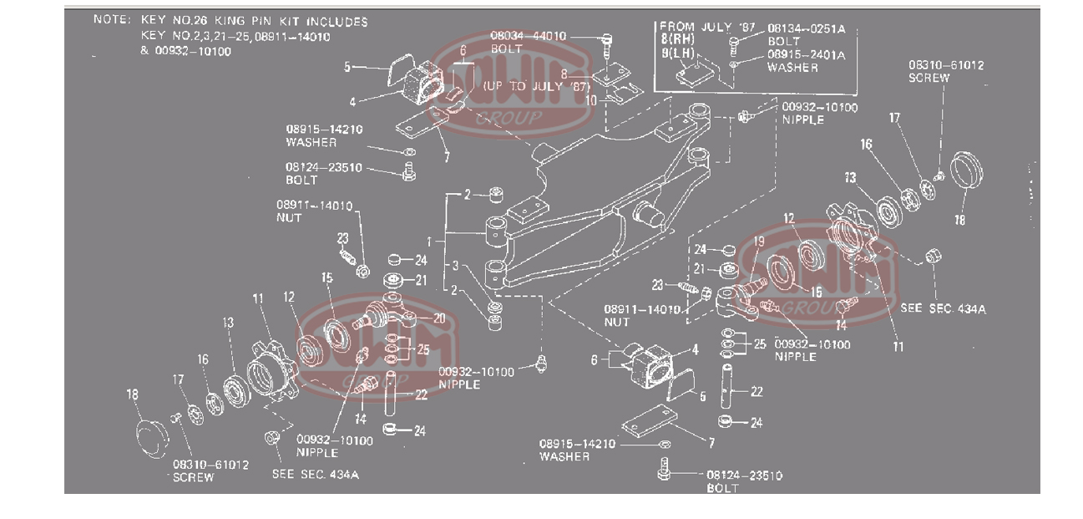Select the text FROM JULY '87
coord(696,26)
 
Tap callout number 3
coord(456,266)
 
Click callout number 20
coord(439,318)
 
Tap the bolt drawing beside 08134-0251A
coord(734,39)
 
